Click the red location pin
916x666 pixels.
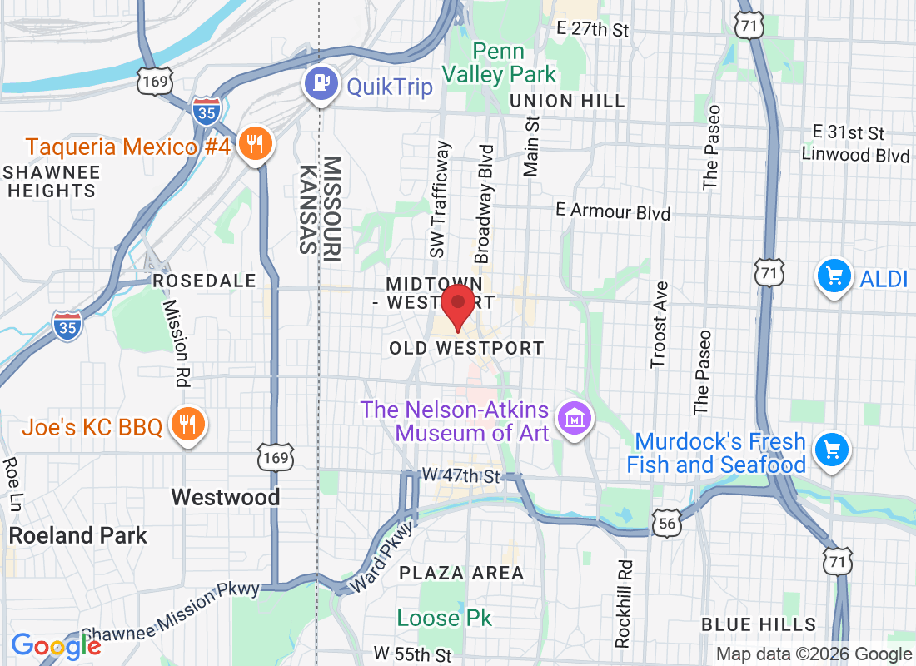(457, 306)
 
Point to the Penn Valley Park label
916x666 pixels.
(498, 62)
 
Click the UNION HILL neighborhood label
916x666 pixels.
(567, 101)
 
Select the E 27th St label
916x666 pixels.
(593, 29)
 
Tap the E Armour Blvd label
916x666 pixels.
(612, 211)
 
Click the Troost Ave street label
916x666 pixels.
(660, 325)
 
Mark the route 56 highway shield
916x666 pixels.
(669, 523)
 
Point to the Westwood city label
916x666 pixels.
(225, 497)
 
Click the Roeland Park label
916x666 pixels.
(80, 535)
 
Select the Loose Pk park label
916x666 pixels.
(444, 618)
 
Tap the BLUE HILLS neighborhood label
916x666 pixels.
(758, 624)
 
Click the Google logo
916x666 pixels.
(56, 645)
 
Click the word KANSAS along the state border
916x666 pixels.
(307, 209)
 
